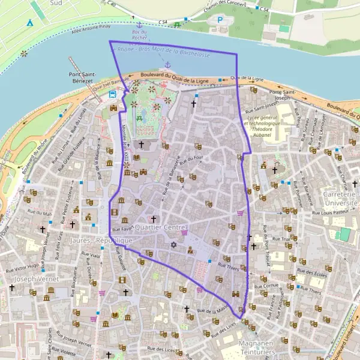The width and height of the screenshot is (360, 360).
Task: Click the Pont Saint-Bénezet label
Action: pos(78,78)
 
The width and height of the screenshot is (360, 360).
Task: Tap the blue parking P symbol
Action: pos(220,20)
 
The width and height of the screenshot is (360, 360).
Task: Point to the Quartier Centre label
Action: pos(161,227)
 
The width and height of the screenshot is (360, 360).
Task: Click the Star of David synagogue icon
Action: pos(174,244)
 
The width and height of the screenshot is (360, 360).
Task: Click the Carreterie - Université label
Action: pos(341,199)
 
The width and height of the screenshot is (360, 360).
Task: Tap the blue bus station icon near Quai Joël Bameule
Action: pos(113,93)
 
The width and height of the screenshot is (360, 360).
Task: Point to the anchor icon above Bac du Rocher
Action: pos(139,26)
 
